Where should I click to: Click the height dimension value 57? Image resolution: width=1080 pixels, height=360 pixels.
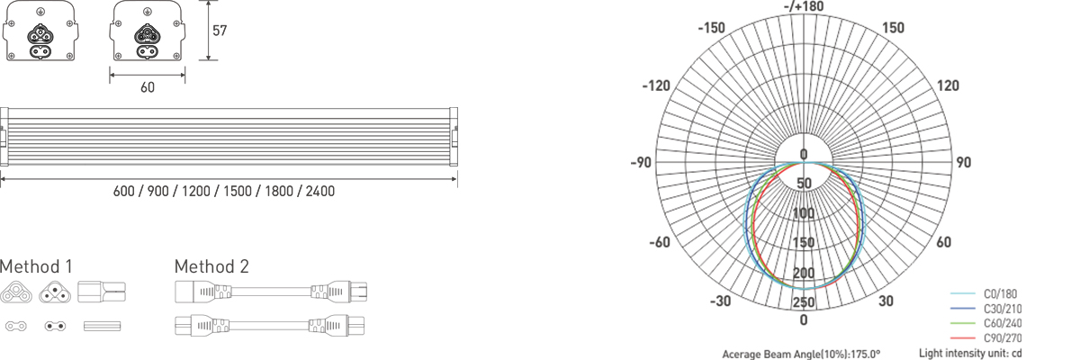[x=220, y=31]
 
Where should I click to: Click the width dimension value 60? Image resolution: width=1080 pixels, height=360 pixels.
[x=148, y=87]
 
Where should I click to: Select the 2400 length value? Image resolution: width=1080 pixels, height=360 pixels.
[x=320, y=192]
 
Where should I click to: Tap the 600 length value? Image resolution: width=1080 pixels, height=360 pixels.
[x=124, y=192]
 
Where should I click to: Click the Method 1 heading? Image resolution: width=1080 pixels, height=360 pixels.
[x=36, y=266]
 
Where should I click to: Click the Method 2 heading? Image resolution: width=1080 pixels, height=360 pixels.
[x=211, y=266]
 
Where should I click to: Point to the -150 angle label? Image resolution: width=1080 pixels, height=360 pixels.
[x=712, y=28]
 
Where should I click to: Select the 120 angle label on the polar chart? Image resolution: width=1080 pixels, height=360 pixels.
[x=948, y=85]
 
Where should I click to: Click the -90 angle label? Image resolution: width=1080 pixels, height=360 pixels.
[x=641, y=163]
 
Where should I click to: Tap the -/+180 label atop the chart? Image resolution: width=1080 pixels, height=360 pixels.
[x=804, y=6]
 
